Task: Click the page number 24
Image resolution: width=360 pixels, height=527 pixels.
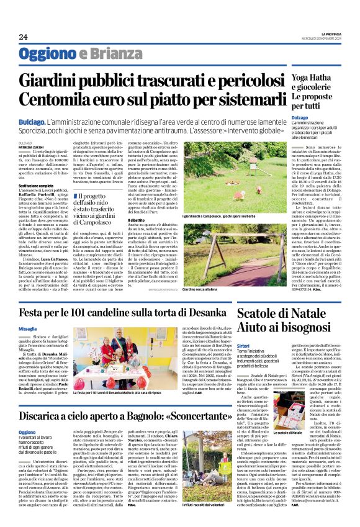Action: click(23, 37)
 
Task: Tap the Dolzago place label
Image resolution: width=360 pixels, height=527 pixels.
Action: click(316, 117)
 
